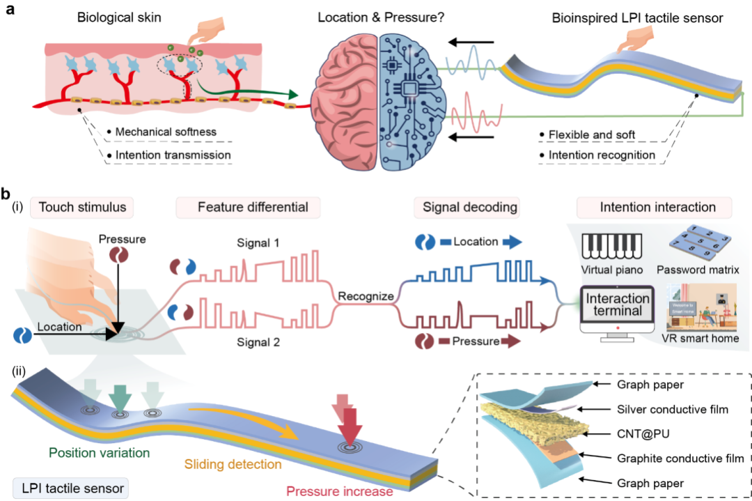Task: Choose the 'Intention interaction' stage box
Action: [654, 207]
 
